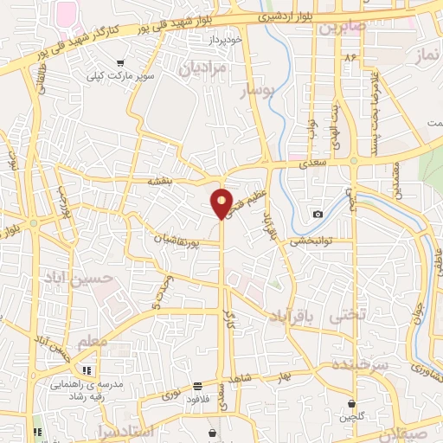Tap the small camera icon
click(x=318, y=214)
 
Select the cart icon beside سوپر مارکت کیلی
click(x=119, y=62)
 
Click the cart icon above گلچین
click(x=352, y=404)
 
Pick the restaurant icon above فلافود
click(x=198, y=386)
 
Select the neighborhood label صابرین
click(x=343, y=27)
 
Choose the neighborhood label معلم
click(x=93, y=343)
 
